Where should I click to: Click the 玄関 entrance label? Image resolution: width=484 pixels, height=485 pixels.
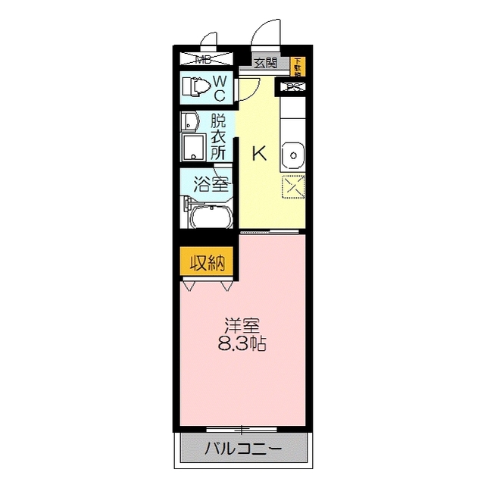coord(265,63)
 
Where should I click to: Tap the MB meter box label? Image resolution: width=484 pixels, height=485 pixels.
coord(204,58)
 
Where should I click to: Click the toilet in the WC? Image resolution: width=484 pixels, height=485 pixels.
coord(196,88)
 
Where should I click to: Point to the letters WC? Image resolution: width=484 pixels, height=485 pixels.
coord(219,87)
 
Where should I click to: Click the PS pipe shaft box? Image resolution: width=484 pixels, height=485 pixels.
coord(294,87)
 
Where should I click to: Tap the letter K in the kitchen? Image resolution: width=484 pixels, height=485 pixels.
coord(259,154)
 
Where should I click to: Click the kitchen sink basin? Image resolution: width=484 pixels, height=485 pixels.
coord(292,156)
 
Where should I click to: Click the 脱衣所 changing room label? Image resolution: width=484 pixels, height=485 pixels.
coord(218,136)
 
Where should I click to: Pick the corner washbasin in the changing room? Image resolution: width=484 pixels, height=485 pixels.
coord(188,121)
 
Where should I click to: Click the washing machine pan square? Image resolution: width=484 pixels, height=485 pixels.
coord(195,147)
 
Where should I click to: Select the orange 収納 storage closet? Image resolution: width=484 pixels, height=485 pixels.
coord(206,263)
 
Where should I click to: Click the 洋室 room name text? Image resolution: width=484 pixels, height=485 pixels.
coord(242,327)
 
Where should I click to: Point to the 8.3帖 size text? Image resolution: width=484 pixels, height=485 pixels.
coord(242,343)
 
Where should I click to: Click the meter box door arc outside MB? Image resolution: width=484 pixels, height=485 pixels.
coord(210,39)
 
